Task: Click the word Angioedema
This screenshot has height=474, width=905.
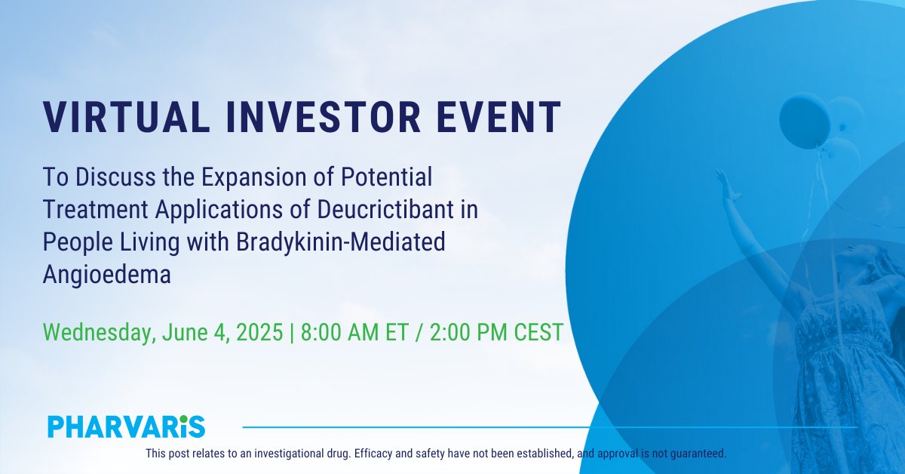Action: point(107,275)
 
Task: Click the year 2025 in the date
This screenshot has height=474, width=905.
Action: point(259,332)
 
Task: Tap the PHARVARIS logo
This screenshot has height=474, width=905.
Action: point(126,426)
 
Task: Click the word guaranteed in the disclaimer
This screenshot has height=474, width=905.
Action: point(698,454)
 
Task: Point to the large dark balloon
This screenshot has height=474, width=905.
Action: point(804,121)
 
